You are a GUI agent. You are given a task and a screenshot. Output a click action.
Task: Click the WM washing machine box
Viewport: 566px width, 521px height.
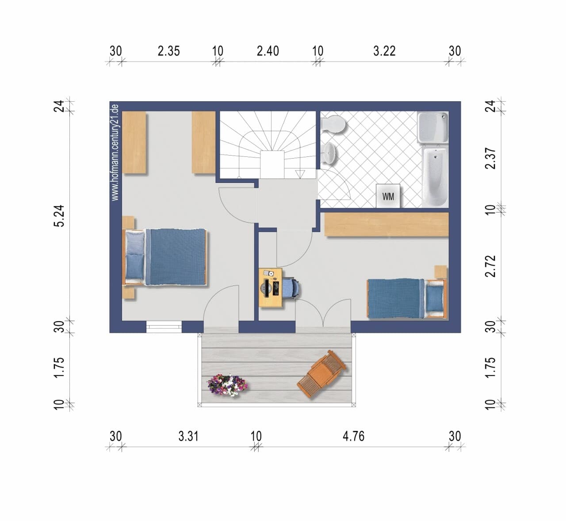click(x=388, y=196)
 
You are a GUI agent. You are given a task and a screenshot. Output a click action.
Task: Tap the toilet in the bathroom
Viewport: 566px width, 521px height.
click(x=333, y=124)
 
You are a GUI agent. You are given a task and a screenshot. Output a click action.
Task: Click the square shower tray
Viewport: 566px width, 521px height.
click(x=432, y=127)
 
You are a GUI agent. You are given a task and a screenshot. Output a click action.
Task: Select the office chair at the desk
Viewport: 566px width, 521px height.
click(x=291, y=288)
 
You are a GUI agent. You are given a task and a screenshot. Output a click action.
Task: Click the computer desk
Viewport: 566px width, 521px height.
click(x=271, y=287)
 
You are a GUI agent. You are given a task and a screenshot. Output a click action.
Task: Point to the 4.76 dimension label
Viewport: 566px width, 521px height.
click(x=354, y=437)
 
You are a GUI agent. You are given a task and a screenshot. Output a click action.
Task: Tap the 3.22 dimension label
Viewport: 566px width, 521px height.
click(x=384, y=51)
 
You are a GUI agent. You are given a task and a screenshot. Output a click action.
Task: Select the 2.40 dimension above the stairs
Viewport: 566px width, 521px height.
click(x=268, y=51)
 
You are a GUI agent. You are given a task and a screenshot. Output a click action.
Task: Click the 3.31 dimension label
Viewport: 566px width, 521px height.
click(x=188, y=437)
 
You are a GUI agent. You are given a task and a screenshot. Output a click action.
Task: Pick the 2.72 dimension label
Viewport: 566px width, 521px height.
click(x=491, y=266)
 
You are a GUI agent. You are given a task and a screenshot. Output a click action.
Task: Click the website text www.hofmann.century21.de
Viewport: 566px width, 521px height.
click(x=115, y=152)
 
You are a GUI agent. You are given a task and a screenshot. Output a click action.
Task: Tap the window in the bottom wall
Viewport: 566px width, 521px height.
click(x=164, y=327)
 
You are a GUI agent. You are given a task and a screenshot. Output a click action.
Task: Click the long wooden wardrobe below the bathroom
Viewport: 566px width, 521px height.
click(x=386, y=224)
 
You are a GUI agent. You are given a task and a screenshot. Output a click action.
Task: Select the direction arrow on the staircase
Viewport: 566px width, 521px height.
click(x=300, y=174)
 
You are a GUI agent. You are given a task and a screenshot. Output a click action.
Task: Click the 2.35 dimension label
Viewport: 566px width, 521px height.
click(x=168, y=51)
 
